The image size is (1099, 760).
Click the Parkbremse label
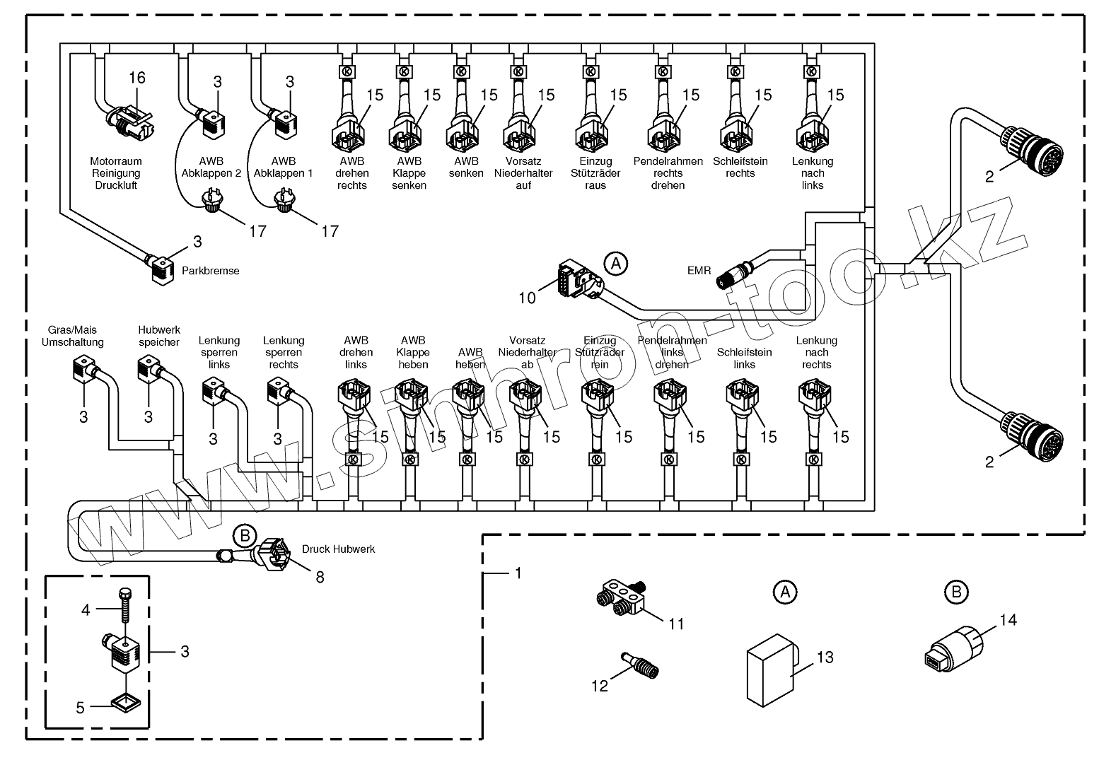[210, 271]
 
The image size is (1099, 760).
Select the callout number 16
[136, 77]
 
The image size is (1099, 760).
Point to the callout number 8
[320, 577]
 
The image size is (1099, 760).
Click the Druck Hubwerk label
[338, 549]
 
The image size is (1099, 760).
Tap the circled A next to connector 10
[616, 264]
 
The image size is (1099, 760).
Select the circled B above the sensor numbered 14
[956, 592]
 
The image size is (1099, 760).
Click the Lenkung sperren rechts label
[284, 352]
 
